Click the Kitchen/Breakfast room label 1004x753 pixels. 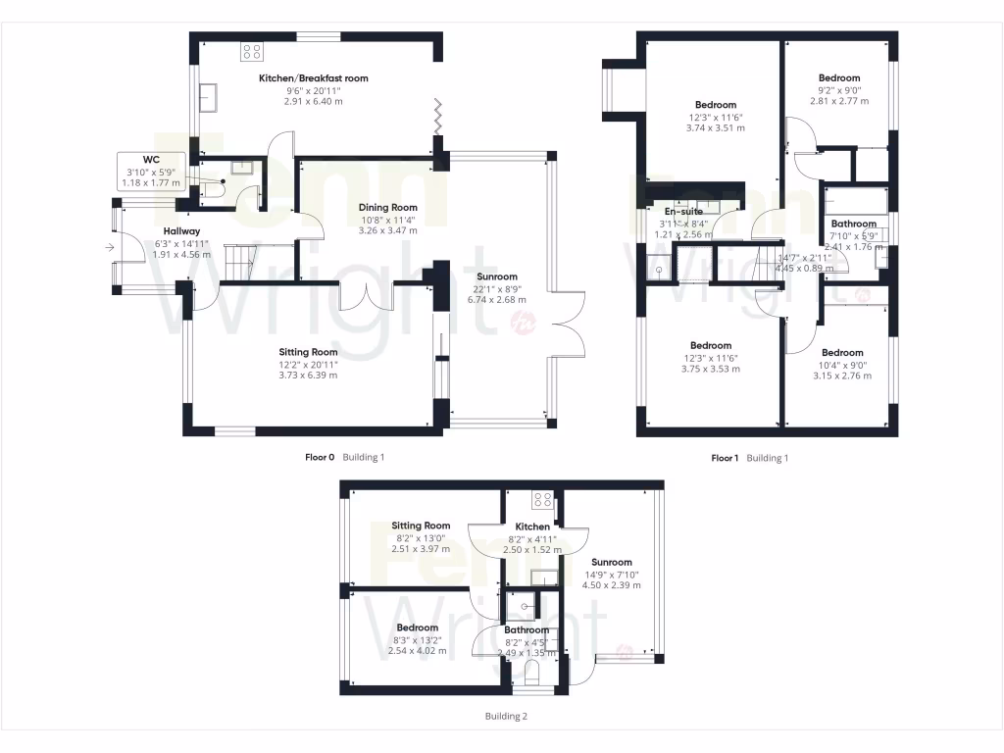pyautogui.click(x=313, y=78)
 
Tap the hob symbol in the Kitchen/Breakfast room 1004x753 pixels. pyautogui.click(x=252, y=51)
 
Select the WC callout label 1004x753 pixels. pyautogui.click(x=151, y=159)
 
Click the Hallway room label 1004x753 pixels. pyautogui.click(x=181, y=231)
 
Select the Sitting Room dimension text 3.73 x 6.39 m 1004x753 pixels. pyautogui.click(x=310, y=376)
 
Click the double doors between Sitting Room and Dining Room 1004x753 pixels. pyautogui.click(x=366, y=295)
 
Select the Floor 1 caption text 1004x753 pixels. pyautogui.click(x=724, y=458)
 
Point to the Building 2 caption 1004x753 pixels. pyautogui.click(x=506, y=717)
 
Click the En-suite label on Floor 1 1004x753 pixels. pyautogui.click(x=683, y=212)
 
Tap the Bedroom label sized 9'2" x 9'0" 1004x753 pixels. pyautogui.click(x=839, y=78)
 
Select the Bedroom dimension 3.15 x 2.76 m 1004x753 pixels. pyautogui.click(x=842, y=376)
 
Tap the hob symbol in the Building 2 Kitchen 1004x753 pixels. pyautogui.click(x=542, y=500)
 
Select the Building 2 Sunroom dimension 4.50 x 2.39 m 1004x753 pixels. pyautogui.click(x=611, y=585)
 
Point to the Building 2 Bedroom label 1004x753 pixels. pyautogui.click(x=417, y=627)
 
